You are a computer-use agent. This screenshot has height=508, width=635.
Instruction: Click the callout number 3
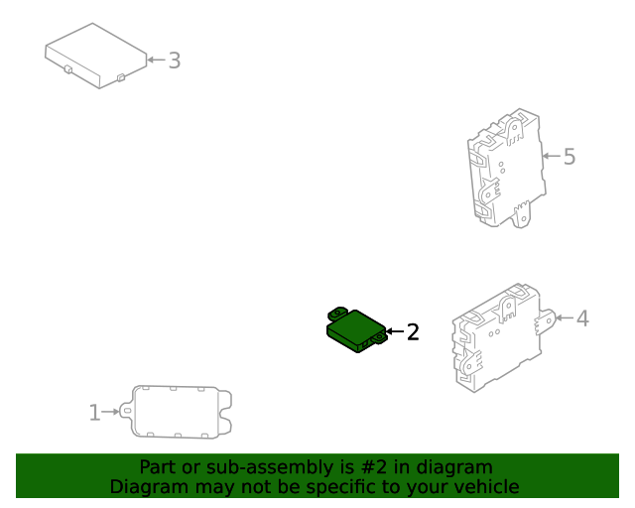click(x=175, y=61)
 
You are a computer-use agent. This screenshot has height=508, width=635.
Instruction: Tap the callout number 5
click(x=570, y=157)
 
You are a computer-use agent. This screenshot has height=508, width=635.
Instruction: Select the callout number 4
click(x=582, y=318)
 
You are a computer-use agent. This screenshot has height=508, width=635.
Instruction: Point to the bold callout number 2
click(x=413, y=332)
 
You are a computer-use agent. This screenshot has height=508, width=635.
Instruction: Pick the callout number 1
click(x=94, y=413)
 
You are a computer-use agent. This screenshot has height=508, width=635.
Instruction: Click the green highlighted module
click(x=357, y=330)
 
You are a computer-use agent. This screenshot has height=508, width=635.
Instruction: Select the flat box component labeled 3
click(x=96, y=56)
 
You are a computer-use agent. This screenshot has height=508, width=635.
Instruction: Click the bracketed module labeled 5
click(x=506, y=168)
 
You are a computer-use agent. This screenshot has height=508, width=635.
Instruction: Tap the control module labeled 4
click(x=503, y=338)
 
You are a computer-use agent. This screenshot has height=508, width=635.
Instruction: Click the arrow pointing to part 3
click(x=157, y=60)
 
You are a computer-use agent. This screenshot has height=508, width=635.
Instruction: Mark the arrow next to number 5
click(x=552, y=156)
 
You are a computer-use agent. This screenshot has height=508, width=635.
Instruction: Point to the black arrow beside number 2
click(x=395, y=331)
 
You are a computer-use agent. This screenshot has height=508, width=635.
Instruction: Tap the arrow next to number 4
click(x=565, y=317)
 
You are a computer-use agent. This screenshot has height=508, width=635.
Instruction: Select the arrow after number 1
click(x=110, y=412)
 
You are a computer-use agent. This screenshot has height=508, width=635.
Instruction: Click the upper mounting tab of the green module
click(x=337, y=313)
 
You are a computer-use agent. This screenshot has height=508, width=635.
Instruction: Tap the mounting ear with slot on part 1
click(x=126, y=411)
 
